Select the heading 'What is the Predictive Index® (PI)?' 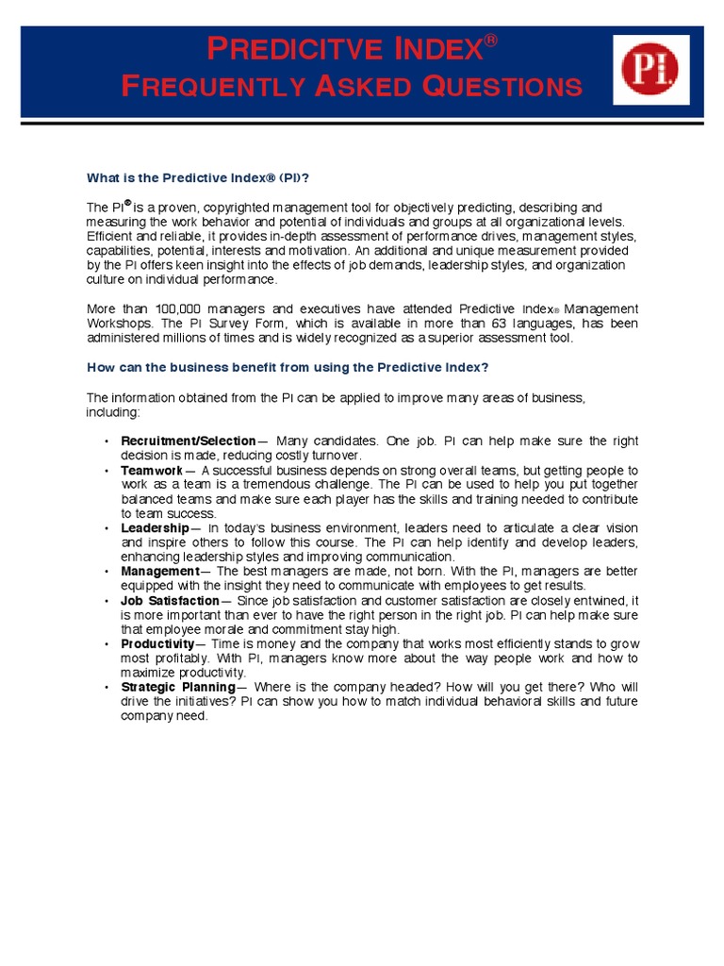pos(198,177)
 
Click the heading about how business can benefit pos(288,367)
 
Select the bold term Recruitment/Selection pos(188,441)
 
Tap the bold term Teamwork pos(152,470)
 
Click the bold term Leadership pos(155,528)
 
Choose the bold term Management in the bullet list pos(159,572)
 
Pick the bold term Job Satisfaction pos(170,600)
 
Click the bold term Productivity pos(156,643)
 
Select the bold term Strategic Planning pos(177,687)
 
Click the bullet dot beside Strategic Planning pos(107,688)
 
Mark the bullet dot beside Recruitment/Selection pos(107,441)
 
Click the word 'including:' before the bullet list pos(113,412)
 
